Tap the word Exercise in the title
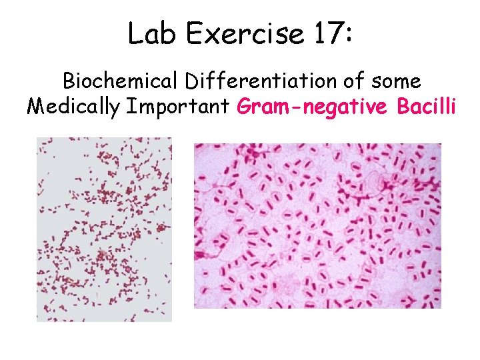click(245, 33)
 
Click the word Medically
click(71, 107)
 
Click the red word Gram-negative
click(310, 107)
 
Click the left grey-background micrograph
click(104, 230)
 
